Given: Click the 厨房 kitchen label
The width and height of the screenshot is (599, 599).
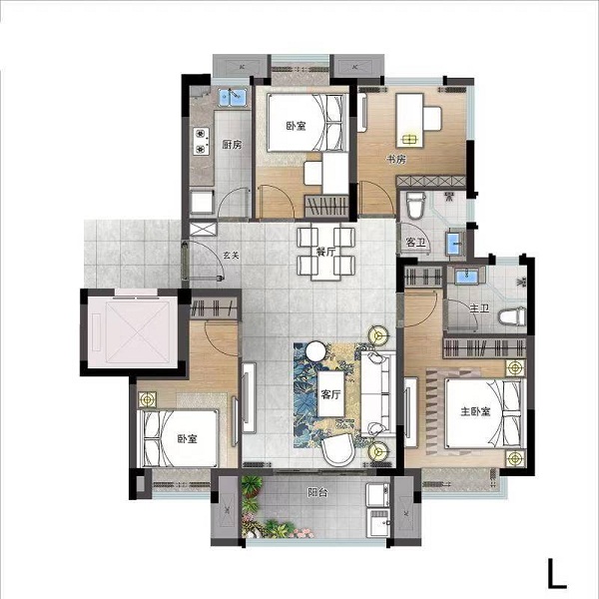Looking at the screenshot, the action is [232, 145].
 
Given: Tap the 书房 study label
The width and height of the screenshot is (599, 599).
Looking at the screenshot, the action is [396, 159].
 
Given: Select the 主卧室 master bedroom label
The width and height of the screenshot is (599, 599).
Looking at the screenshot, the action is [475, 411].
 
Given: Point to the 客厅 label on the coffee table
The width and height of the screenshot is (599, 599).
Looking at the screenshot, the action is [330, 394].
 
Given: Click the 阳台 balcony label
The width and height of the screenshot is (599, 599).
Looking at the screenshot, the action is [317, 492].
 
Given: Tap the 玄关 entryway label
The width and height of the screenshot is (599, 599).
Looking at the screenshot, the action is [232, 256].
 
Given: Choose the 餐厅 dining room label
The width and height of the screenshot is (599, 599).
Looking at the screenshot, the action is [325, 253].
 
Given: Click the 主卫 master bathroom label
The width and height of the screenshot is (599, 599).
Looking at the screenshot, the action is [479, 307].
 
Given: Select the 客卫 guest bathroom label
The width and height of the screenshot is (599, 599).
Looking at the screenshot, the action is [416, 243].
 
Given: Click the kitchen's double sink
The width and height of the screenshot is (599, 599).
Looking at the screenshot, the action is [232, 97].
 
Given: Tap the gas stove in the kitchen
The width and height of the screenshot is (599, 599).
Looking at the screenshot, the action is [201, 141].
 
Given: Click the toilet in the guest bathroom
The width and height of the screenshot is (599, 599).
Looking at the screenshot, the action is [415, 205].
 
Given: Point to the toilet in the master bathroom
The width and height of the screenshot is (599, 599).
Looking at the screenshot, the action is [512, 316].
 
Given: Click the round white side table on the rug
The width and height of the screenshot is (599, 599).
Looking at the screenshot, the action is [315, 350].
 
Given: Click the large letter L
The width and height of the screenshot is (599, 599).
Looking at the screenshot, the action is [556, 573].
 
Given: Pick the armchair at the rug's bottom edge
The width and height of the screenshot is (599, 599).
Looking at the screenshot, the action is [338, 450].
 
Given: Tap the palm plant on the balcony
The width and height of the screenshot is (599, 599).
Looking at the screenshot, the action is [252, 485].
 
